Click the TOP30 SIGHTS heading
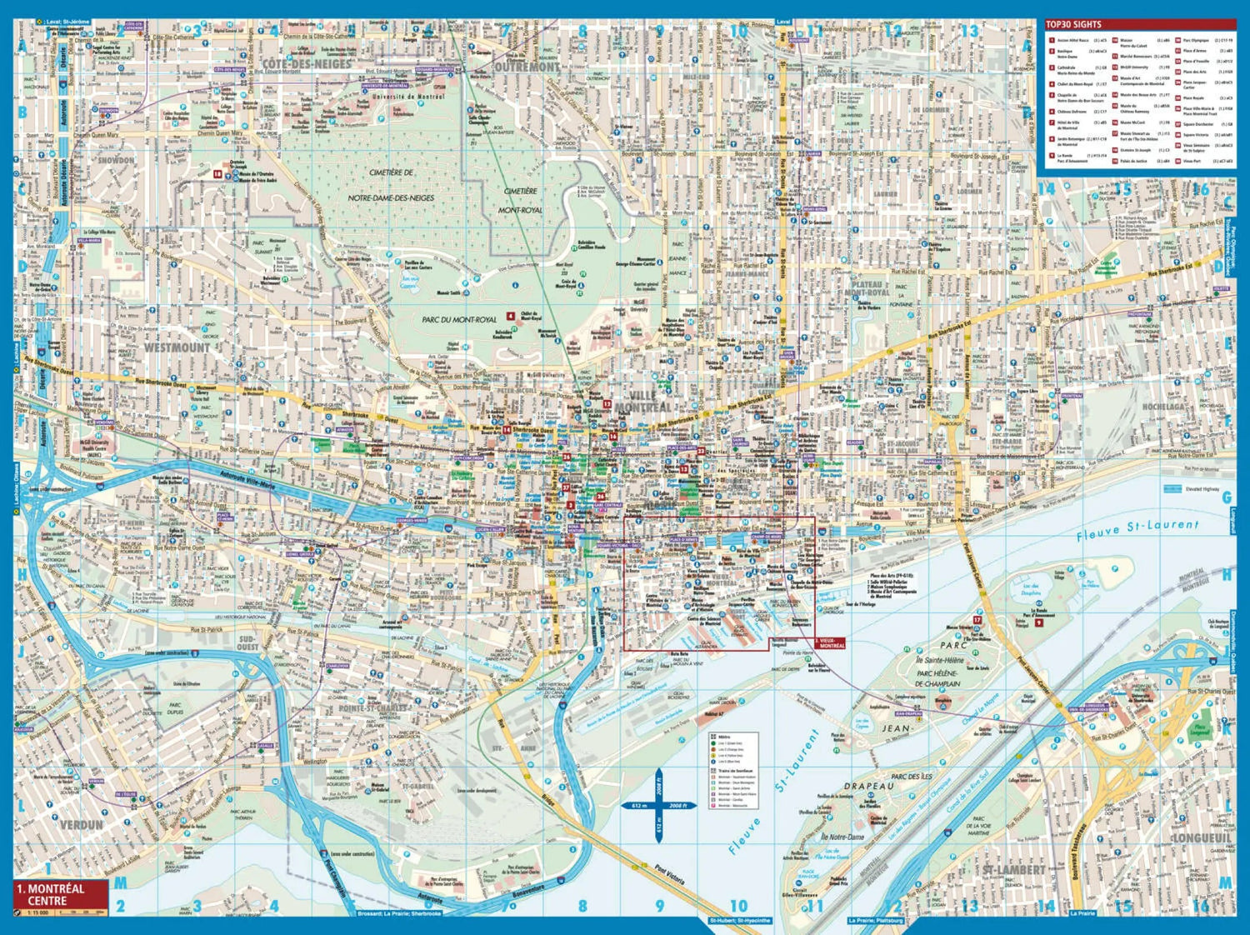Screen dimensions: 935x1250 (1074, 24)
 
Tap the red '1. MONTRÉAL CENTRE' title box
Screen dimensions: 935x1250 (61, 894)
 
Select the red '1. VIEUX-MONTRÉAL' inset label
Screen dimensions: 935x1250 (830, 643)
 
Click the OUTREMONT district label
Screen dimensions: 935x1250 (527, 66)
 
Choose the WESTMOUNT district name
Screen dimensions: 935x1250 (177, 347)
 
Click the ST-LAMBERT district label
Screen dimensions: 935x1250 (1012, 870)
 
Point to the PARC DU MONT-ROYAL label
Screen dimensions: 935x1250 (459, 319)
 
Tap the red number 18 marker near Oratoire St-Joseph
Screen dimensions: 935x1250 (217, 174)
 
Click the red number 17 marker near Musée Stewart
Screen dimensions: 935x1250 (977, 620)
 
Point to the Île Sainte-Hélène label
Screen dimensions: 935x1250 (939, 661)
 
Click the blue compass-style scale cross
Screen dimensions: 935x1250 (658, 806)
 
